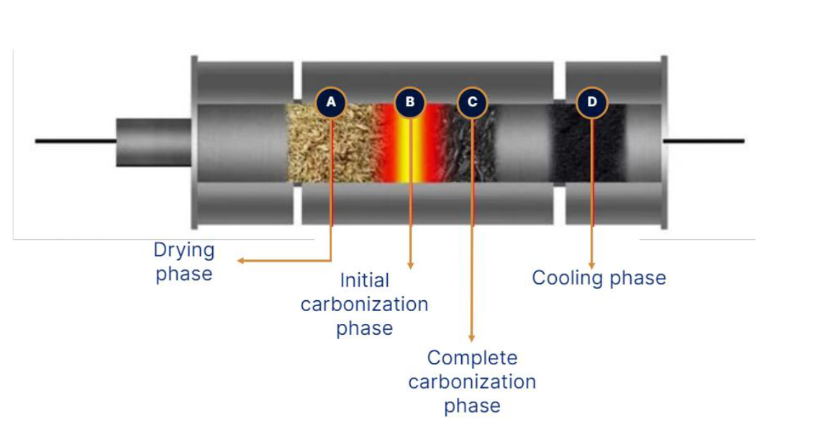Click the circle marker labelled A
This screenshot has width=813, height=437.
point(331,102)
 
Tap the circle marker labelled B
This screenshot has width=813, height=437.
point(410,102)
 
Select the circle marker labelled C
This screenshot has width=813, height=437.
point(472,102)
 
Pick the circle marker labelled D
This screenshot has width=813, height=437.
point(592,102)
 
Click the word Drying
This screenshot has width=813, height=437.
point(184,251)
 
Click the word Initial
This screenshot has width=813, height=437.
point(364,280)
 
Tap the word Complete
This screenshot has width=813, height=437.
point(472,357)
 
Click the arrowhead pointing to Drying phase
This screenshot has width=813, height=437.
point(241,261)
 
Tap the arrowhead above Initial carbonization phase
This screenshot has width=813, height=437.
point(411,266)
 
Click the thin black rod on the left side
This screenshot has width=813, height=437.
point(76,141)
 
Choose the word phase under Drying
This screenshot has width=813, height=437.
point(184,274)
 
